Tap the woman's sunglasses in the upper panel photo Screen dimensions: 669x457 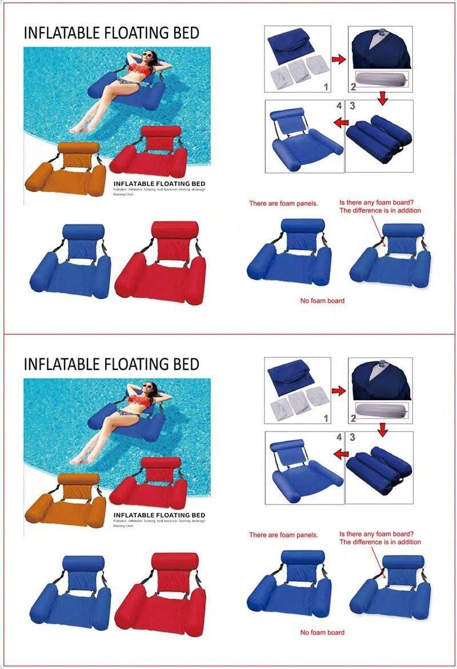(149, 55)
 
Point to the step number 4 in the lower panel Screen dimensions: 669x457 (339, 437)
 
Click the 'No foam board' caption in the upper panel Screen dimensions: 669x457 (322, 301)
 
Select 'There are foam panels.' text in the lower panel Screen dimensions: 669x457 (283, 535)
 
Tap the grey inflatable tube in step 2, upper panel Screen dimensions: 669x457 (382, 79)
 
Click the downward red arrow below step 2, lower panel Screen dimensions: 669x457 (383, 428)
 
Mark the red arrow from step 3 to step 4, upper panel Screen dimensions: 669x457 (341, 122)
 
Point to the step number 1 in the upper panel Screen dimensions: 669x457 (325, 86)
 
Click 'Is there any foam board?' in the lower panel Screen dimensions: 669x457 (376, 534)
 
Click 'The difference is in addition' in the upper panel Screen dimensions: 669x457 (380, 210)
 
